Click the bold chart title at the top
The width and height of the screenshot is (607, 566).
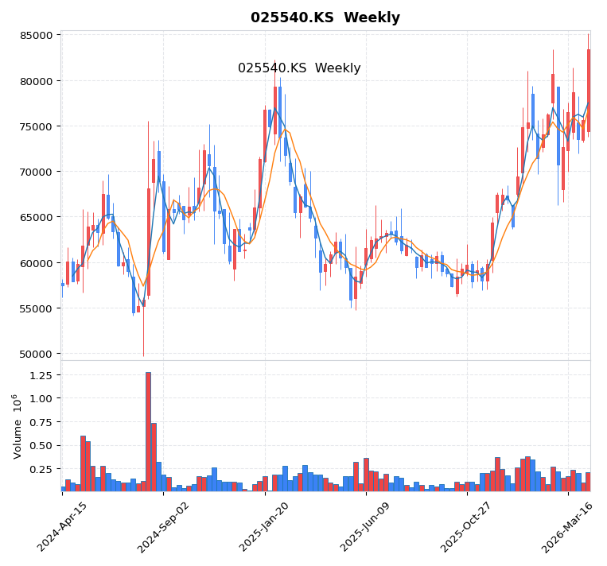coord(325,17)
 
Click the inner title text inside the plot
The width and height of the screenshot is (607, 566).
coord(299,68)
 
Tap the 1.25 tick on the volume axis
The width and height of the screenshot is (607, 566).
coord(40,374)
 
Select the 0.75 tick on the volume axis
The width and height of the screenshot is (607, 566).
coord(40,422)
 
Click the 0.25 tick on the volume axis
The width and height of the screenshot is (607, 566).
coord(40,469)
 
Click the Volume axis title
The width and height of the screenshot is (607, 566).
coord(18,426)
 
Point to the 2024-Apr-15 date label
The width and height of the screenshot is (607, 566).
coord(62,527)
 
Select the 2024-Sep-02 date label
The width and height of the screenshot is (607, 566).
coord(163,527)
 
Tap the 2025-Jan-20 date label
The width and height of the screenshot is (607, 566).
coord(264,527)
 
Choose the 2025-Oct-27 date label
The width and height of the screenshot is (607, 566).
coord(467,527)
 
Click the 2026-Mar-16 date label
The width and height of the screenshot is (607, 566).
coord(568,527)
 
